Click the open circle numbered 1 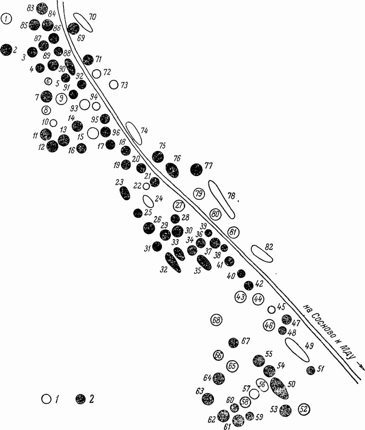click(7, 19)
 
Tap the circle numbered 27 click(178, 205)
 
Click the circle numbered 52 click(304, 409)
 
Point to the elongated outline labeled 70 click(82, 21)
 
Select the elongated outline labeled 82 click(262, 253)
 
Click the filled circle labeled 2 click(6, 49)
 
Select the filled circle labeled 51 click(311, 370)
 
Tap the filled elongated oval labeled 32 click(173, 262)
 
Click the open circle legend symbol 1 click(46, 399)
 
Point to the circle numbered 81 click(232, 232)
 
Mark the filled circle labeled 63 click(208, 399)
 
